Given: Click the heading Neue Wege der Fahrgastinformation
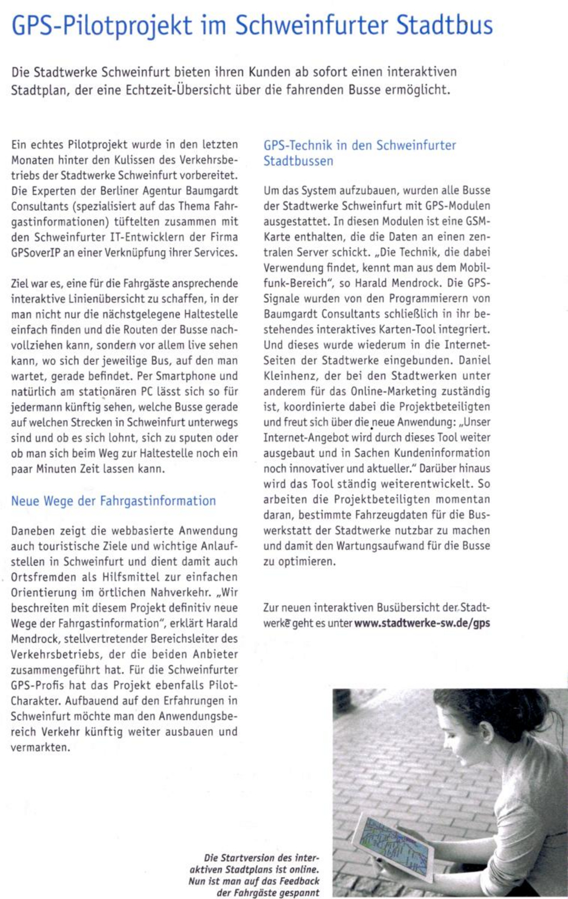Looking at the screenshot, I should pos(114,501).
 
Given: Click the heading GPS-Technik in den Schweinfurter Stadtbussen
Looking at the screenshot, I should pos(360,153).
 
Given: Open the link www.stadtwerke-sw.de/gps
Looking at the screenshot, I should pos(422,623).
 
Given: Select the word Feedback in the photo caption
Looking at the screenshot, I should pos(298,881).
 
